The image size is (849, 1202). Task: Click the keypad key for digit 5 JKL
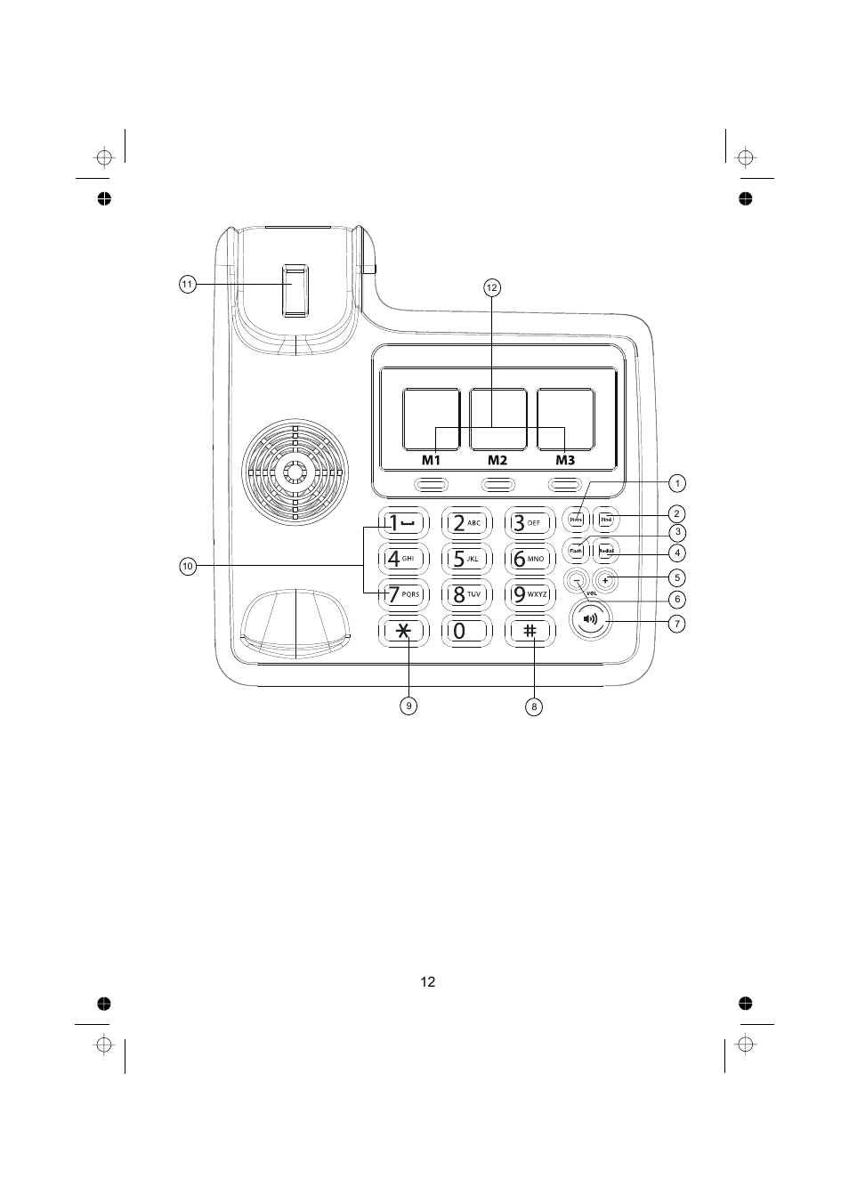(466, 559)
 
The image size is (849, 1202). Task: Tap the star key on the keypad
(404, 631)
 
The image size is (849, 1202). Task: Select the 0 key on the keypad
(466, 631)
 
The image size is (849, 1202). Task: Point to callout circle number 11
(187, 285)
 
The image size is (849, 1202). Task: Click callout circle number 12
(491, 287)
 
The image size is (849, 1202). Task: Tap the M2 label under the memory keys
(497, 460)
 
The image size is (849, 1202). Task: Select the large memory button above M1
(431, 419)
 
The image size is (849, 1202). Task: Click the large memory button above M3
(565, 419)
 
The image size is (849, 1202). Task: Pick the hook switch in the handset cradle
(295, 291)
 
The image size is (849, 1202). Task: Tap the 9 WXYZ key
(530, 593)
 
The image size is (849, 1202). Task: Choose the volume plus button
(605, 581)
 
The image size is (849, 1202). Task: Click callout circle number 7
(677, 624)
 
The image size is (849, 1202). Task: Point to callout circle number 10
(187, 566)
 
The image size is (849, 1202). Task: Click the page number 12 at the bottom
(428, 982)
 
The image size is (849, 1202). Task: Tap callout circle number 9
(408, 706)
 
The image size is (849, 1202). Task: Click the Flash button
(576, 551)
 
